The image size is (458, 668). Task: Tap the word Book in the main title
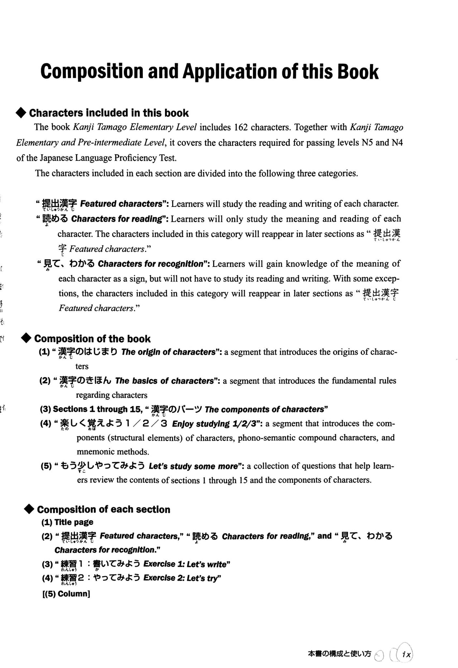click(358, 72)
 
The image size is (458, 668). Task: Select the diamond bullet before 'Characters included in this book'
click(21, 113)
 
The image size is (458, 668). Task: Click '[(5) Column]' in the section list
click(66, 594)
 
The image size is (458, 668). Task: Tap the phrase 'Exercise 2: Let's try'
click(182, 578)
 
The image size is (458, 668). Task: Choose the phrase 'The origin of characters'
click(169, 352)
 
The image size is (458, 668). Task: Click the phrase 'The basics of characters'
click(164, 381)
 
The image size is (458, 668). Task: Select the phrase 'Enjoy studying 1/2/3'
click(216, 424)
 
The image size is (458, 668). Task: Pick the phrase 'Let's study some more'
click(193, 466)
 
